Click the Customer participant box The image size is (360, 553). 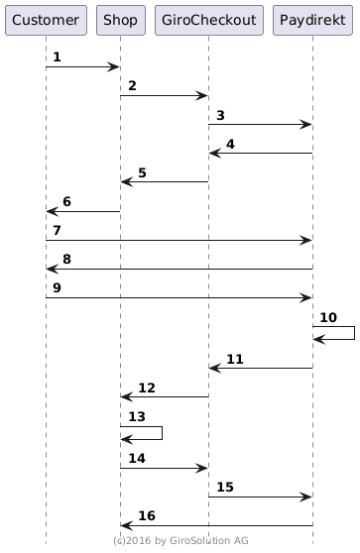pos(46,20)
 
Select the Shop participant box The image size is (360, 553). pos(121,20)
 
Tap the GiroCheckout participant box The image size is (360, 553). pos(209,20)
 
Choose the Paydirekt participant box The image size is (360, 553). pos(312,20)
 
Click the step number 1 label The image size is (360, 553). pos(57,56)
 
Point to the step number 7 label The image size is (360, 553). pos(57,230)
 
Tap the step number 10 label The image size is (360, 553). pos(328,317)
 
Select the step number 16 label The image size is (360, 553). pos(147,515)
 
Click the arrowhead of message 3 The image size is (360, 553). pos(305,125)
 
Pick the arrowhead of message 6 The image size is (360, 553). pos(53,212)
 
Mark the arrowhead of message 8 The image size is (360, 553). pos(53,270)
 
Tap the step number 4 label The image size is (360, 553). pos(230,144)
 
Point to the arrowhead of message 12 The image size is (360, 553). pos(127,396)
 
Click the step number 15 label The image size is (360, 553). pos(225,487)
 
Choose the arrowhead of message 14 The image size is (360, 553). pos(201,469)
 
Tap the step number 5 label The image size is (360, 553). pos(142,172)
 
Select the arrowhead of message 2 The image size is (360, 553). pos(201,95)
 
